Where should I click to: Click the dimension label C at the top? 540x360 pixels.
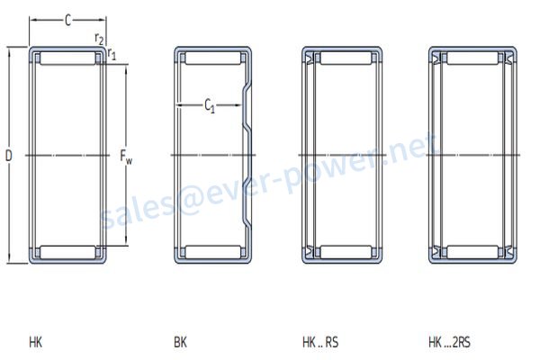(x=67, y=21)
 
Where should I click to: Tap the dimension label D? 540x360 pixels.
(x=9, y=156)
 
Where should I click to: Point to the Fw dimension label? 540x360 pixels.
(x=126, y=157)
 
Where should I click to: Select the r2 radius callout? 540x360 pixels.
(x=99, y=39)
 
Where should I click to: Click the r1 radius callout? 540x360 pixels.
(x=112, y=54)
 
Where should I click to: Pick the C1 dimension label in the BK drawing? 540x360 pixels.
(x=210, y=105)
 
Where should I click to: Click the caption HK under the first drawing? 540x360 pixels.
(x=35, y=342)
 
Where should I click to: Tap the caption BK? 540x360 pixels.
(x=180, y=342)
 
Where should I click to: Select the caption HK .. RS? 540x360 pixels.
(x=320, y=342)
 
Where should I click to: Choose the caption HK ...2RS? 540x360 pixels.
(x=449, y=342)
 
